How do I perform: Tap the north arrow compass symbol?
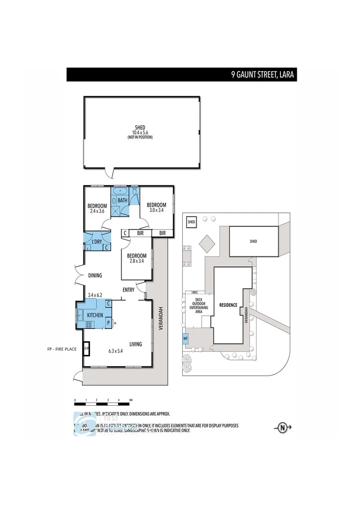(x=283, y=428)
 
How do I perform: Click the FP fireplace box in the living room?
(x=87, y=349)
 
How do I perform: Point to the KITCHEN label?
(x=95, y=315)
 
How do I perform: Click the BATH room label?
(x=123, y=201)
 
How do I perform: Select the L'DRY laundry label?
(x=97, y=242)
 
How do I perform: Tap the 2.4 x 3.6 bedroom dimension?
(x=97, y=211)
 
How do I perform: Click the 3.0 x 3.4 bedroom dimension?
(x=156, y=210)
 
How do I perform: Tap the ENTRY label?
(x=129, y=290)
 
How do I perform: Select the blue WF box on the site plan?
(x=185, y=338)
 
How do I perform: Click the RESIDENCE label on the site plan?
(x=228, y=305)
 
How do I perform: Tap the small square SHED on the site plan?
(x=191, y=222)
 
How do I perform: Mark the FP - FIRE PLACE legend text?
(x=62, y=349)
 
